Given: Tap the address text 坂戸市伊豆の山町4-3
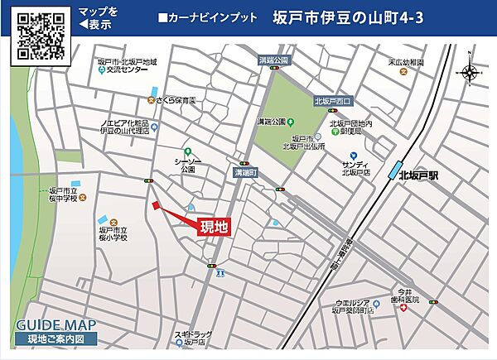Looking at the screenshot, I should [x=348, y=17].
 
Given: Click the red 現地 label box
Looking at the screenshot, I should [x=214, y=226].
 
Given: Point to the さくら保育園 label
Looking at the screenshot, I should [x=176, y=100].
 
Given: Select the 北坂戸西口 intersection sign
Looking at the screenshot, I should [x=333, y=101].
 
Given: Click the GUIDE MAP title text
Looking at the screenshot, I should [x=55, y=324].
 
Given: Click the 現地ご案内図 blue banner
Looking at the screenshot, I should [x=55, y=338].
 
